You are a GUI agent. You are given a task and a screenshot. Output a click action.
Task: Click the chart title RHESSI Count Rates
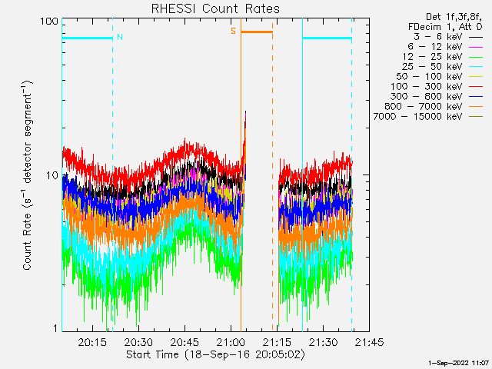point(214,8)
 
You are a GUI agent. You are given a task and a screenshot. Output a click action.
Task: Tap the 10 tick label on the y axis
point(52,175)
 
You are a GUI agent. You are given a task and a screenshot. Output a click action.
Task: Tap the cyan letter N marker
point(119,36)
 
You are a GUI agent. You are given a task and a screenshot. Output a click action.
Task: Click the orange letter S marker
point(234,32)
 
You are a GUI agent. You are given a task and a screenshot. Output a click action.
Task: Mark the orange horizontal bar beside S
point(257,32)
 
